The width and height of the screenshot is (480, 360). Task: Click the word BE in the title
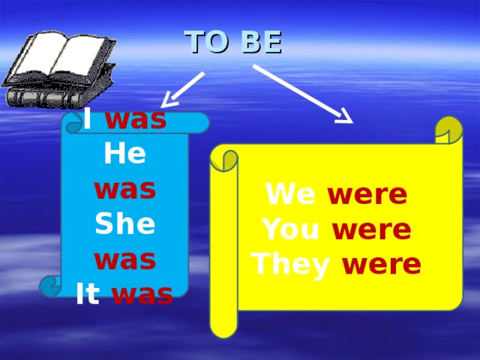pos(262,43)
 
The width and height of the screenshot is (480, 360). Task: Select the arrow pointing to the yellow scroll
pos(304,94)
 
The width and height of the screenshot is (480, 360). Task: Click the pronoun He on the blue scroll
pos(124,154)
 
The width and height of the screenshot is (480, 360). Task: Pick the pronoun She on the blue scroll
pos(124,223)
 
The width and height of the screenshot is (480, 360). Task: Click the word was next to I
pos(136,119)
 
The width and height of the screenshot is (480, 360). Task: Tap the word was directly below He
pos(124,189)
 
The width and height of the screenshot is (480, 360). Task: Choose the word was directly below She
pos(124,259)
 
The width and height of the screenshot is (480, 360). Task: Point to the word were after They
pos(382,264)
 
